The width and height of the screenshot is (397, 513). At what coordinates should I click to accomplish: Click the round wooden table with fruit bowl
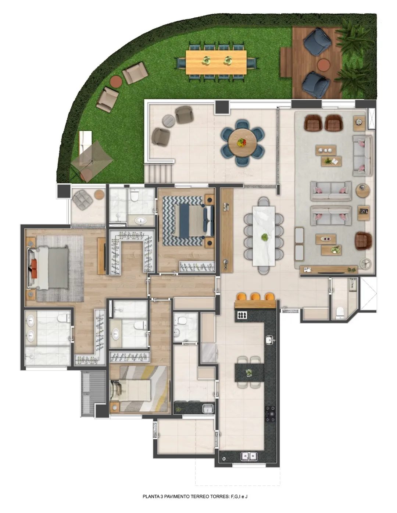click(x=242, y=142)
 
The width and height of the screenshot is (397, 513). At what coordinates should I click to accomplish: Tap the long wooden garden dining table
click(x=216, y=62)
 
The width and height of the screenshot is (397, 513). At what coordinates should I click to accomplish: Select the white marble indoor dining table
click(x=264, y=236)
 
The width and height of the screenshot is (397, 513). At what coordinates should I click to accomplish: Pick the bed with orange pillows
click(x=49, y=268)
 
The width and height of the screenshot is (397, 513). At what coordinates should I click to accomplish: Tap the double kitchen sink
click(x=249, y=456)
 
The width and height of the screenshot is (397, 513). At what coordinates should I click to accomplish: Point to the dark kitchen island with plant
click(x=249, y=372)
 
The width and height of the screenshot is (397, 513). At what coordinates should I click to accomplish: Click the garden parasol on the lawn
click(x=92, y=160)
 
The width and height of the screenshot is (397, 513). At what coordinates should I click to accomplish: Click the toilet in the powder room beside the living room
click(x=340, y=312)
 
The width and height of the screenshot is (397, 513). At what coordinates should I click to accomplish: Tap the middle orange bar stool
click(x=255, y=296)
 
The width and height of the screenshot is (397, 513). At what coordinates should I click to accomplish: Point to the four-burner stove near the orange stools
click(x=242, y=315)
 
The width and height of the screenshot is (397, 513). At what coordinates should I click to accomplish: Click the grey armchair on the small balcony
click(x=82, y=200)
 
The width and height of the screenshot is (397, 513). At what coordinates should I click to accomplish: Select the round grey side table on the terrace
click(x=169, y=121)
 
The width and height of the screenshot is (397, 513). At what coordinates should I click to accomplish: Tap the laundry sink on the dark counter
click(x=208, y=408)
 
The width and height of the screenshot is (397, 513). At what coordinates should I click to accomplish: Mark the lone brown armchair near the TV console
click(x=363, y=241)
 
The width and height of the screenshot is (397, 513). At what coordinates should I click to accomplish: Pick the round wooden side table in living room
click(x=363, y=190)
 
